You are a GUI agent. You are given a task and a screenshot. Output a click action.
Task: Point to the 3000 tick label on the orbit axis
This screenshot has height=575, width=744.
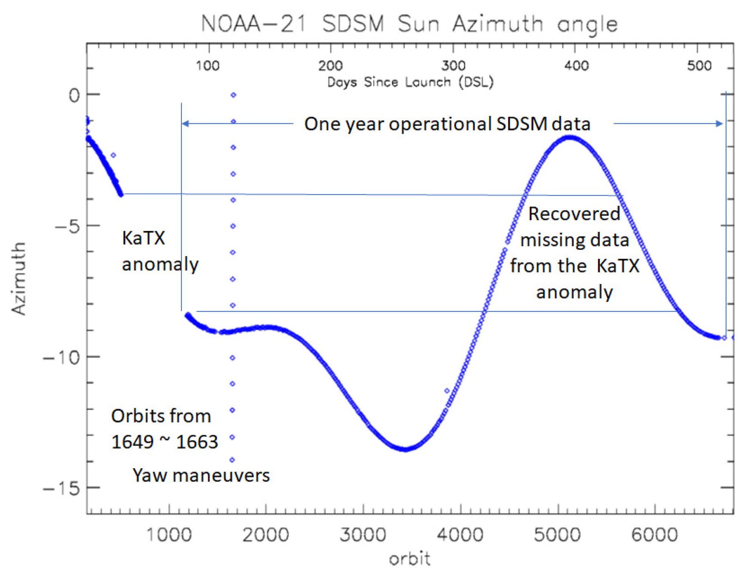tap(363, 535)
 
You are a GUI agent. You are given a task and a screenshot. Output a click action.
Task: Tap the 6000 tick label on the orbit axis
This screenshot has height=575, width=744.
tap(655, 535)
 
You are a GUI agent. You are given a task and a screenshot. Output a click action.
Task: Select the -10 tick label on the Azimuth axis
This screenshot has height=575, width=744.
tap(62, 357)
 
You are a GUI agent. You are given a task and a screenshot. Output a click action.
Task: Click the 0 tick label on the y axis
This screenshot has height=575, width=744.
tap(74, 95)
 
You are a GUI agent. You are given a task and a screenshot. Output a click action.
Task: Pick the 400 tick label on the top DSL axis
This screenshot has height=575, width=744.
tap(576, 66)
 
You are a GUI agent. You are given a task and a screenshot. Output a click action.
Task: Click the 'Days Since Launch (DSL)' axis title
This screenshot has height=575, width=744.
tap(410, 82)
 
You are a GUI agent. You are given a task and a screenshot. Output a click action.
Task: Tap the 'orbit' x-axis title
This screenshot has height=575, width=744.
tap(410, 559)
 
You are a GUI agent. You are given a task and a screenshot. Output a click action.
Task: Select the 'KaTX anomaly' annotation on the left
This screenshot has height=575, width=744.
tap(159, 251)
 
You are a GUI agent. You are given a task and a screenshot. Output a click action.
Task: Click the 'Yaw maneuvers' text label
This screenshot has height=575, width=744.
tap(201, 475)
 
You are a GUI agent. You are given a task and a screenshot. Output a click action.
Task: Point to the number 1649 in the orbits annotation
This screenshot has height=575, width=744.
tap(132, 442)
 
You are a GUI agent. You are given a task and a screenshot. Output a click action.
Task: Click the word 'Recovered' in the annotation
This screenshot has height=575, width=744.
tap(574, 214)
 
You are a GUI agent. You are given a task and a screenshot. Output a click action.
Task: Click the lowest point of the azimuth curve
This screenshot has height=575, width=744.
tap(405, 449)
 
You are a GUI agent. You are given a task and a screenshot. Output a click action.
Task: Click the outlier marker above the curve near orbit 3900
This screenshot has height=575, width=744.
tap(447, 391)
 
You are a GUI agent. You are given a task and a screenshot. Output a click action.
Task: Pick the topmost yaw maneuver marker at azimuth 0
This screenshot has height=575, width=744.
tap(234, 95)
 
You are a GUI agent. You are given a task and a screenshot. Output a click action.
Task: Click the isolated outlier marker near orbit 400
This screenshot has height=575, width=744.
tap(113, 155)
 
